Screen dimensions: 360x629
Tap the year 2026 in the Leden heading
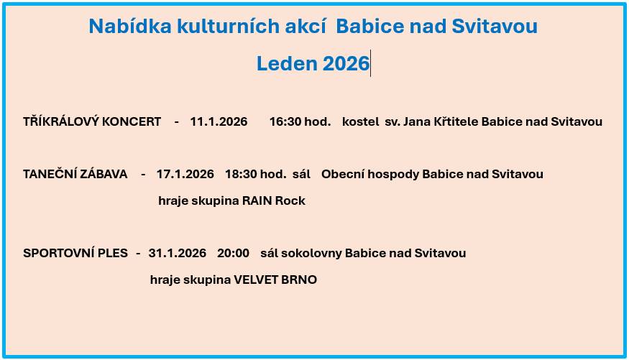[x=346, y=64]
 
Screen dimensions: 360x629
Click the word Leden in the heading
[x=287, y=64]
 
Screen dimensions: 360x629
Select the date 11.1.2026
[x=219, y=121]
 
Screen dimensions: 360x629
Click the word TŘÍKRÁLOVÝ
[x=61, y=121]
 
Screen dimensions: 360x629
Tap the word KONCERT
[x=132, y=121]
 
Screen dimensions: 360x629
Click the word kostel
[x=360, y=121]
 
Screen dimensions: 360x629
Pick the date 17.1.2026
[x=185, y=174]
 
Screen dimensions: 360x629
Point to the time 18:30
[x=240, y=174]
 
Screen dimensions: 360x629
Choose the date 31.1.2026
[x=177, y=253]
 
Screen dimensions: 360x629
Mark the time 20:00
[x=233, y=253]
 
